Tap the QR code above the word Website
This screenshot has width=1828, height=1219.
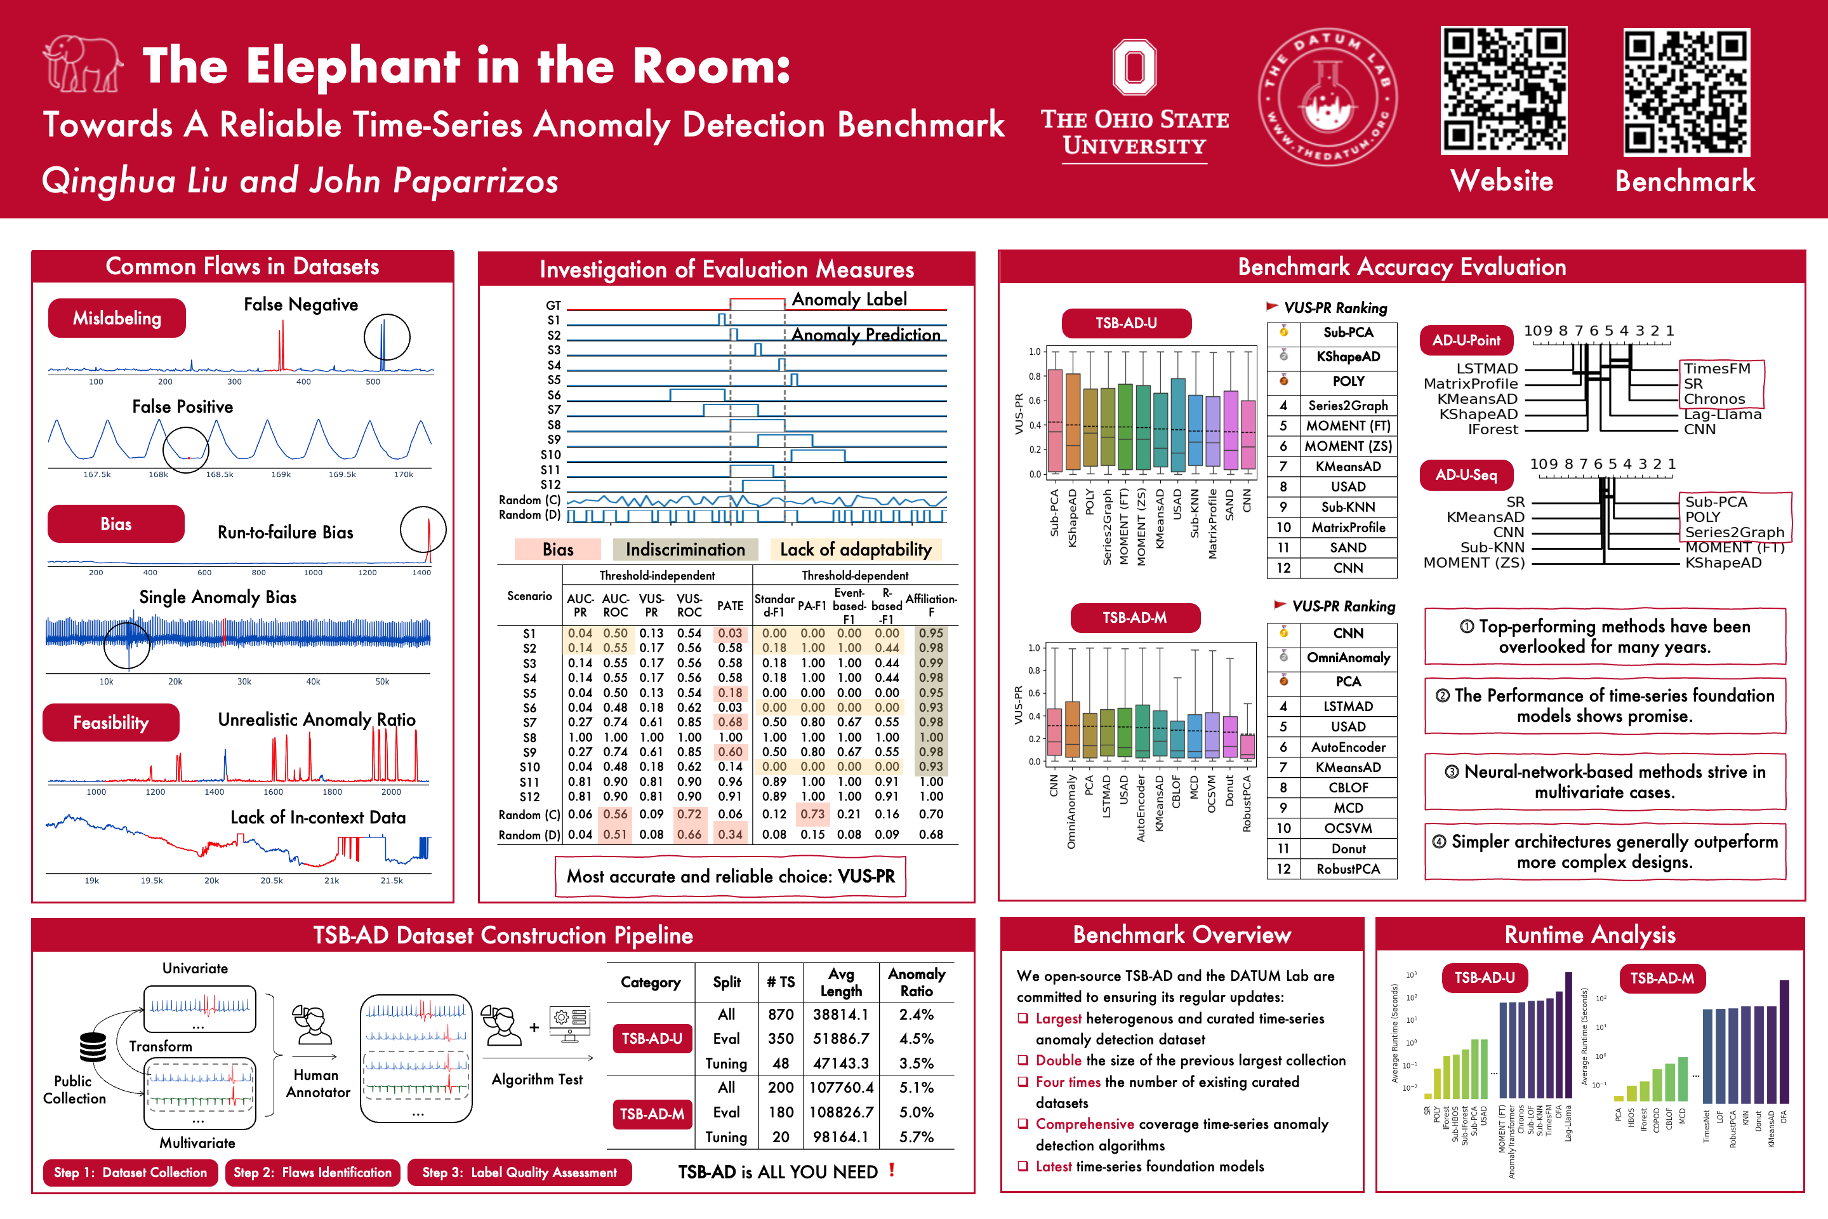[x=1503, y=90]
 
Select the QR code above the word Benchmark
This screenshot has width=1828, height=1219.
[x=1686, y=91]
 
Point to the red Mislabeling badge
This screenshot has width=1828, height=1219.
[x=117, y=318]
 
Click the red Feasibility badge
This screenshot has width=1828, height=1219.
[x=110, y=723]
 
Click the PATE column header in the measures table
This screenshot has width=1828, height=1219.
[x=730, y=606]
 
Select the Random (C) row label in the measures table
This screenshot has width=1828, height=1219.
[x=529, y=815]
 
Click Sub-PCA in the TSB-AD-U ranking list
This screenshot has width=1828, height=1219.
[x=1348, y=333]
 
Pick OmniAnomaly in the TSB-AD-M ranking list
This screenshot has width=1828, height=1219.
[x=1348, y=658]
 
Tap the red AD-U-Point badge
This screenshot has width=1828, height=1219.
[x=1466, y=340]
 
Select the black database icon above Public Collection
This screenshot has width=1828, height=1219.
[x=93, y=1047]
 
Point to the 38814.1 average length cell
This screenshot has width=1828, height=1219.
[x=841, y=1015]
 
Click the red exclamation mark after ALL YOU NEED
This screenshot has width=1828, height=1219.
[x=891, y=1170]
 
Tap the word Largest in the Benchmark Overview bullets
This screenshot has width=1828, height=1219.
[x=1058, y=1018]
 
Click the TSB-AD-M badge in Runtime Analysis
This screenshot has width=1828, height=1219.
[x=1662, y=978]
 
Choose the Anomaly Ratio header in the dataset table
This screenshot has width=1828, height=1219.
[x=917, y=983]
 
